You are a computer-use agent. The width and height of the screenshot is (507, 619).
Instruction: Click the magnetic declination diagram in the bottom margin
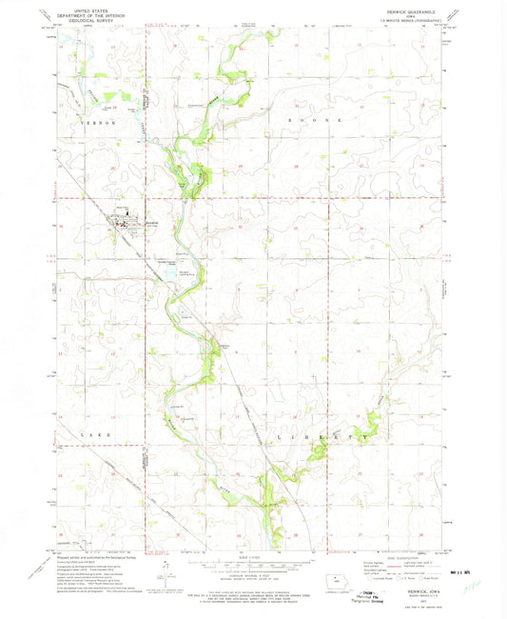click(x=168, y=571)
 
